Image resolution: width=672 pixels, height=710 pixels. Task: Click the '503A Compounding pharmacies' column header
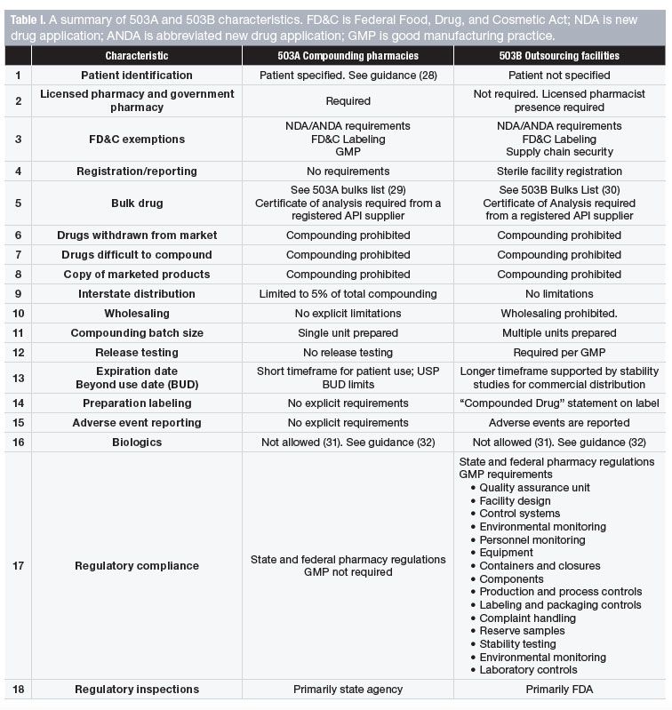(348, 55)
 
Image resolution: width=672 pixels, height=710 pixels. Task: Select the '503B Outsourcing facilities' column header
(559, 55)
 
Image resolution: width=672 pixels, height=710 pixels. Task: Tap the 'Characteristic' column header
(136, 55)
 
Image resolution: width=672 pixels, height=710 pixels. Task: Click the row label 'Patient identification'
(136, 76)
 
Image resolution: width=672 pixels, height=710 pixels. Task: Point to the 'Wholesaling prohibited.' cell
(559, 313)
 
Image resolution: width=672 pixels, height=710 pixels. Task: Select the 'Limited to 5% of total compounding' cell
(348, 293)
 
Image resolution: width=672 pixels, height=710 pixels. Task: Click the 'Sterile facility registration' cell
(559, 171)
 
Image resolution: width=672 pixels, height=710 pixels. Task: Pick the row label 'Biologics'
(136, 442)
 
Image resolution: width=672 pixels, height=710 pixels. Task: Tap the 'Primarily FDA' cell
(559, 689)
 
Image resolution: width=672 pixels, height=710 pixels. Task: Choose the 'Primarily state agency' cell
(348, 689)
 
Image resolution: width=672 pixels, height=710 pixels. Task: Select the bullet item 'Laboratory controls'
(528, 670)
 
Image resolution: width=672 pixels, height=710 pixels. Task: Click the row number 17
(17, 566)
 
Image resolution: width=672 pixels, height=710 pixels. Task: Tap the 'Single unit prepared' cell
(348, 332)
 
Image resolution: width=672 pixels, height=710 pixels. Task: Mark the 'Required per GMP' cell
(559, 352)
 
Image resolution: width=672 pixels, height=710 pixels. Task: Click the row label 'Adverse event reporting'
(136, 422)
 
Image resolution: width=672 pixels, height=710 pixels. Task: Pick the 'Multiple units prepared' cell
(559, 332)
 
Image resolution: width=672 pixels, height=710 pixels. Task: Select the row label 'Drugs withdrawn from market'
(136, 235)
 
